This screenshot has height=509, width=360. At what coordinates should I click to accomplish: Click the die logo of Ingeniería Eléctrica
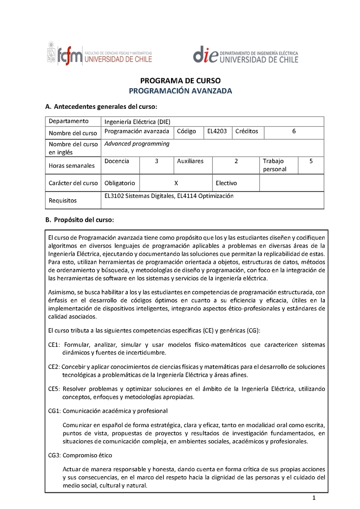coord(245,55)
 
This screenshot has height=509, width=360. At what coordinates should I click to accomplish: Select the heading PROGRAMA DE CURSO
coord(180,81)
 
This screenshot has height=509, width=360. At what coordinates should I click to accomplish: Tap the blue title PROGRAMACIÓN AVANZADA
coord(180,91)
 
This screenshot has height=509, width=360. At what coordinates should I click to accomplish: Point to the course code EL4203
coord(217,131)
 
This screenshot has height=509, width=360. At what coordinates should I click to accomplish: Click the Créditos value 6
coord(294,131)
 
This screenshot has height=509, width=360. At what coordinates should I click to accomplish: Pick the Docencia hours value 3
coord(156,161)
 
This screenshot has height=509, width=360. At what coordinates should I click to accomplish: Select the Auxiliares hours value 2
coord(236,161)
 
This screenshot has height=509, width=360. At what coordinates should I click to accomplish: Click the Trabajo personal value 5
coord(311,161)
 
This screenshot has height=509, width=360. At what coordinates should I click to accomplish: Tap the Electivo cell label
coord(226,183)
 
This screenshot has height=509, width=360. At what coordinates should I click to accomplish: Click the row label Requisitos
coord(63,201)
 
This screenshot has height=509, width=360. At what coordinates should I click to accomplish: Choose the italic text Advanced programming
coord(137,144)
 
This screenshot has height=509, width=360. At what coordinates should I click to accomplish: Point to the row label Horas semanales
coord(72,165)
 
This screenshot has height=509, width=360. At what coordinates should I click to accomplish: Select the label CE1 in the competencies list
coord(54,345)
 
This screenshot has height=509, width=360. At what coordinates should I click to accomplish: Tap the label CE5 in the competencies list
coord(54,389)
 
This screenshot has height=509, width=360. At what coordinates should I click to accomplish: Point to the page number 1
coord(315,497)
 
